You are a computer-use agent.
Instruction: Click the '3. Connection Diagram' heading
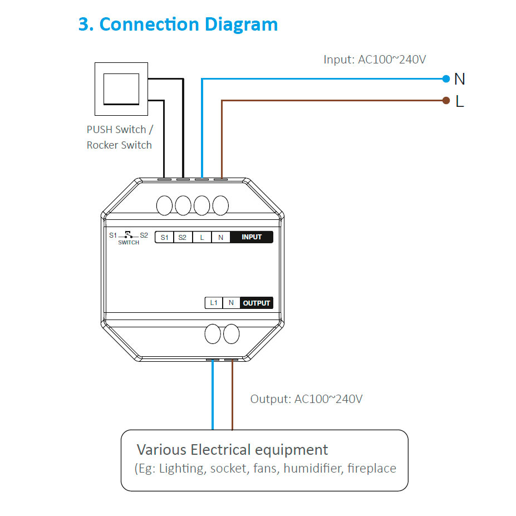178,24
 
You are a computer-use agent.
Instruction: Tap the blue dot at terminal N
445,79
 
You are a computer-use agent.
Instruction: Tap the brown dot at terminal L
445,101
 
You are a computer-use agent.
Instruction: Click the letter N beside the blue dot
459,79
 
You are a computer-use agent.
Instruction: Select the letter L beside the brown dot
459,101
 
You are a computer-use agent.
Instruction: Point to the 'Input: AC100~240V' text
375,59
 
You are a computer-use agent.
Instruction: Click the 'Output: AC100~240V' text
306,399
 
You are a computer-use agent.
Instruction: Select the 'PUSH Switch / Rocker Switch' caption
119,137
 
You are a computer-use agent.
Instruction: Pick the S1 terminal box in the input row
164,237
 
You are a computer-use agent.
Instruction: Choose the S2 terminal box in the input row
183,237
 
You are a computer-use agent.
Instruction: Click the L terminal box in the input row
202,237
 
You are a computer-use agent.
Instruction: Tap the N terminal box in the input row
220,237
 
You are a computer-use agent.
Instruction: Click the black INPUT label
252,237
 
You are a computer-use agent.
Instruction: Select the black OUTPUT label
257,303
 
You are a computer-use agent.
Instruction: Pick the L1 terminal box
213,303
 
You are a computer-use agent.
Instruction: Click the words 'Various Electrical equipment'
232,450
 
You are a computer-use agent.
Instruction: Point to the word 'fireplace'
371,469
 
